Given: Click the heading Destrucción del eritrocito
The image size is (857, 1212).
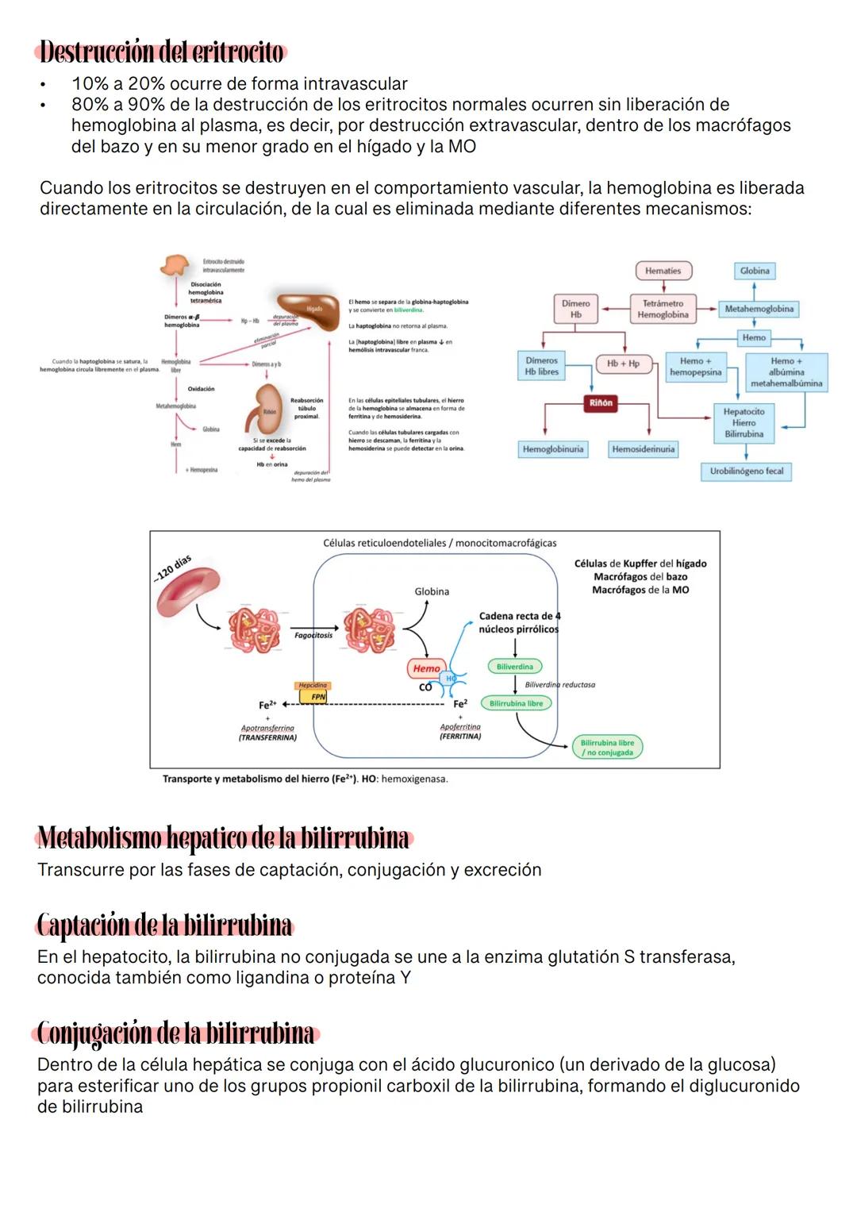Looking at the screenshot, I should click(x=161, y=52).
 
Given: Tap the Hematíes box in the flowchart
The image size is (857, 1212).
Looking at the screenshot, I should click(x=663, y=271).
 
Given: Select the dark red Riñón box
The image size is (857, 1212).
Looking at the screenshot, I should click(x=601, y=403).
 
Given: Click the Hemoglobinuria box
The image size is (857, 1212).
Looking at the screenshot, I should click(x=553, y=449).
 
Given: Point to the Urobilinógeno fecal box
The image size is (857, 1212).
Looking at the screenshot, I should click(x=746, y=471).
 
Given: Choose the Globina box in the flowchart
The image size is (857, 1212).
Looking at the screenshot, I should click(x=755, y=271).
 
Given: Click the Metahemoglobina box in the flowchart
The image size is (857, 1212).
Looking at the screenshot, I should click(x=759, y=309).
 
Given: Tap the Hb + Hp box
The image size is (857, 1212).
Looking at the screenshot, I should click(x=623, y=364).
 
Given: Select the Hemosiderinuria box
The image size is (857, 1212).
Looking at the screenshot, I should click(x=643, y=449).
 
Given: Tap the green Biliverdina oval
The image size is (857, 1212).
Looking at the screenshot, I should click(x=515, y=667).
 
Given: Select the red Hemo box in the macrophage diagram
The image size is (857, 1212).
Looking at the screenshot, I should click(x=426, y=668).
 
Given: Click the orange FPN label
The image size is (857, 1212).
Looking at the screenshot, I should click(x=317, y=697).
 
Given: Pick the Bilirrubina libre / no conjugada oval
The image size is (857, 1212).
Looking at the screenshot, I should click(x=607, y=748).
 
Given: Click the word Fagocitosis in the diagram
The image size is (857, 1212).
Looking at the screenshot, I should click(x=313, y=635).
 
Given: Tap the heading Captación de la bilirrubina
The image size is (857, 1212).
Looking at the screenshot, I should click(x=165, y=925).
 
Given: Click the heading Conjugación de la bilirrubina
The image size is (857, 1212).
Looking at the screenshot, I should click(x=176, y=1033).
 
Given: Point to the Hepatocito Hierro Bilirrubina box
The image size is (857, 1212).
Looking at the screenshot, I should click(x=744, y=423).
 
